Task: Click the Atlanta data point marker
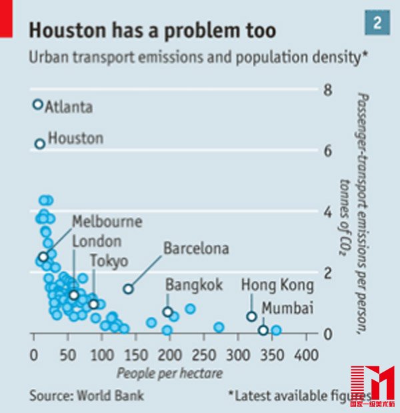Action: (x=38, y=105)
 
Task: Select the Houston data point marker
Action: (x=40, y=143)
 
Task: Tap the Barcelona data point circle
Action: (x=128, y=289)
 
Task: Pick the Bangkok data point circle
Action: (x=167, y=312)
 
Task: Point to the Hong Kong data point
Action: (x=251, y=316)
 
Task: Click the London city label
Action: (x=97, y=242)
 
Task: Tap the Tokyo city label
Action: (x=109, y=261)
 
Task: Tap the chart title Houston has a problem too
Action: (x=153, y=30)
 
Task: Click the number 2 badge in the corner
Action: (x=377, y=24)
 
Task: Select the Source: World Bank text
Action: (x=87, y=395)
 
